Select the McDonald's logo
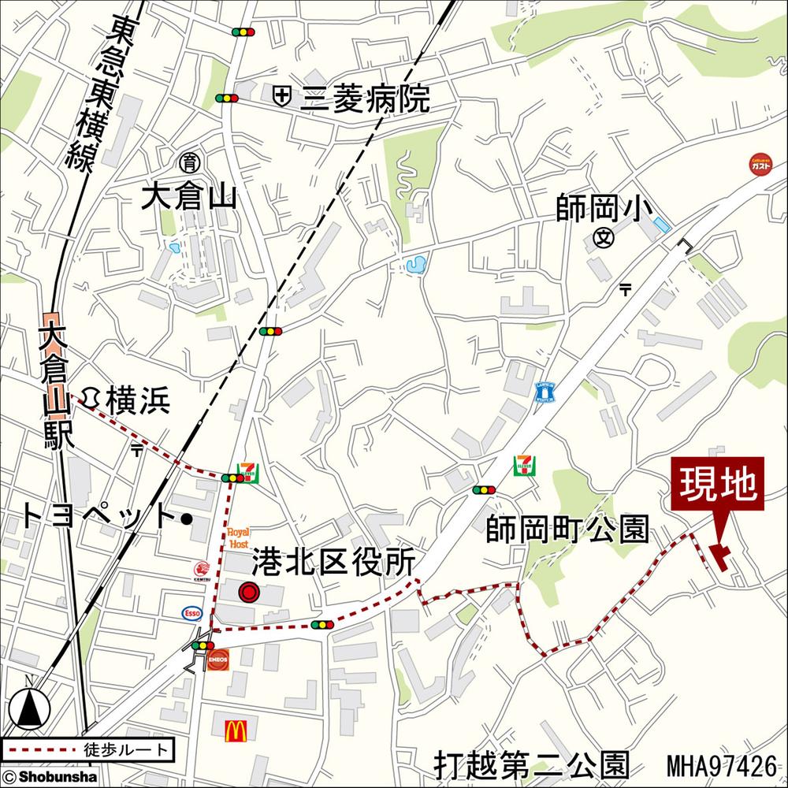[236, 731]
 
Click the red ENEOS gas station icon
[219, 659]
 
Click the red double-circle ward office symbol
[249, 592]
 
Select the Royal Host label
[238, 538]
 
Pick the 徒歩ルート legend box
[87, 748]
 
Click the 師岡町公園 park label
[567, 530]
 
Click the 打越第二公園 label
[532, 764]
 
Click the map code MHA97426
[721, 765]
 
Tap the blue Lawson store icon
[545, 391]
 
